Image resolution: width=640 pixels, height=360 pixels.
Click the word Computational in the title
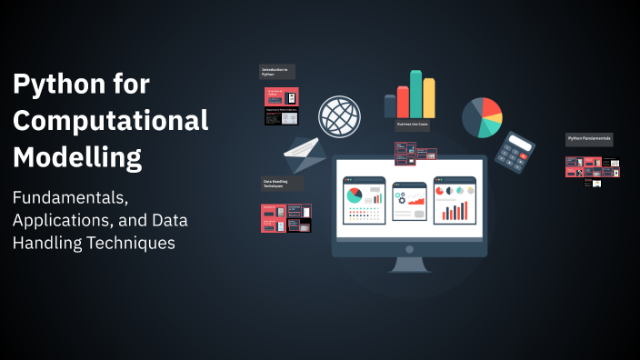point(110,121)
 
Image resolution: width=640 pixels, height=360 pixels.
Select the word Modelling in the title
point(77,156)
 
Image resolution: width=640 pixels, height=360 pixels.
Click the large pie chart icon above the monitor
point(482,117)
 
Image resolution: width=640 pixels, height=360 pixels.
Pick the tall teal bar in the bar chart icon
point(415,94)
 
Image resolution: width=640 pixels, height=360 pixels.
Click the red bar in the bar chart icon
point(403,102)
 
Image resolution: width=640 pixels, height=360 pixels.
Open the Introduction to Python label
point(277,72)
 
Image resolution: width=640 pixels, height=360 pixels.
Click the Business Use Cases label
point(412,124)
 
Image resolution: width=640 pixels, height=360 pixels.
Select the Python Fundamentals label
point(589,139)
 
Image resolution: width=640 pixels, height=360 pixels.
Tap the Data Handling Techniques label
point(279,185)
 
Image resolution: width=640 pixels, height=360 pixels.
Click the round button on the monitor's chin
point(409,248)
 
